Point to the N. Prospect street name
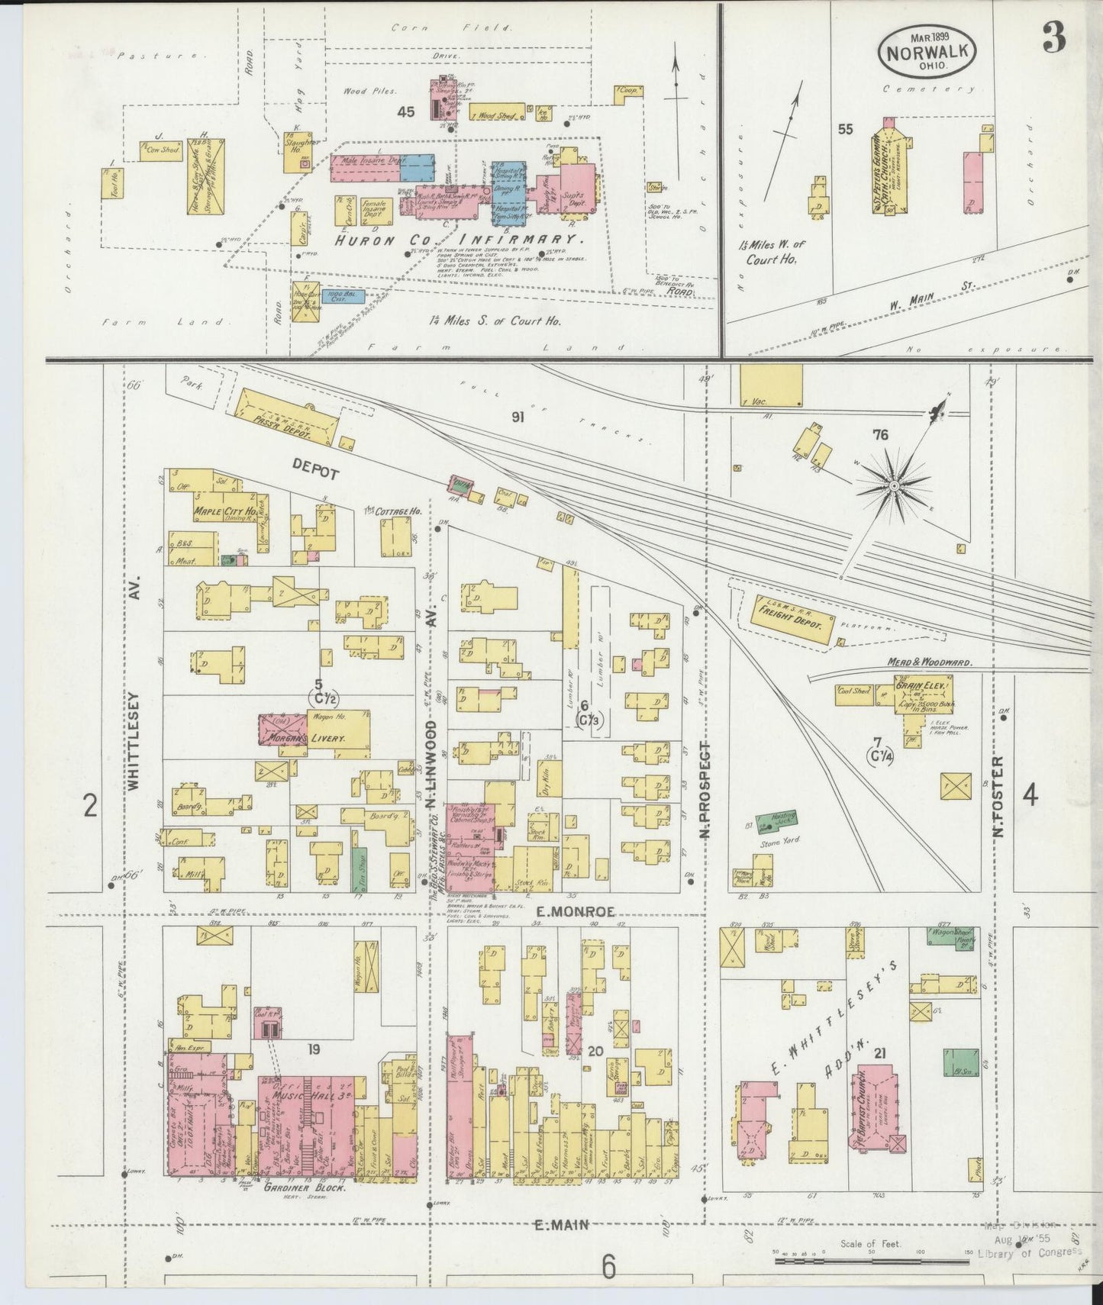(x=705, y=789)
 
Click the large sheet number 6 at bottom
(x=608, y=1267)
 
